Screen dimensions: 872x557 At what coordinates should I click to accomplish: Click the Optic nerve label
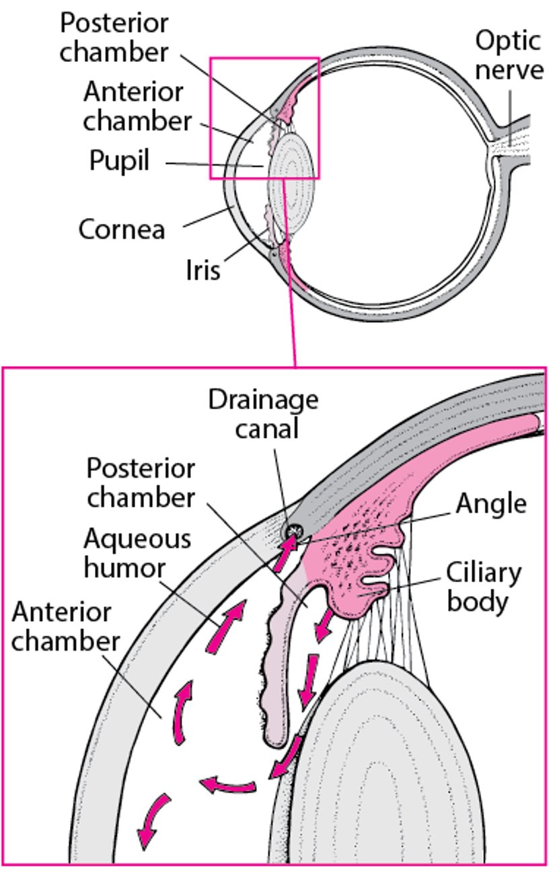pos(509,54)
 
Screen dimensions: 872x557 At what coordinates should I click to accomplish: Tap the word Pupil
pos(120,161)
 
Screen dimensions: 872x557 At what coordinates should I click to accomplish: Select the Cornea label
pos(122,229)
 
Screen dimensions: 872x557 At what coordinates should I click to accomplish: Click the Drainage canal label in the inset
pos(263,414)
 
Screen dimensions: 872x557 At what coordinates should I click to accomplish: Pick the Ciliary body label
pos(484,587)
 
